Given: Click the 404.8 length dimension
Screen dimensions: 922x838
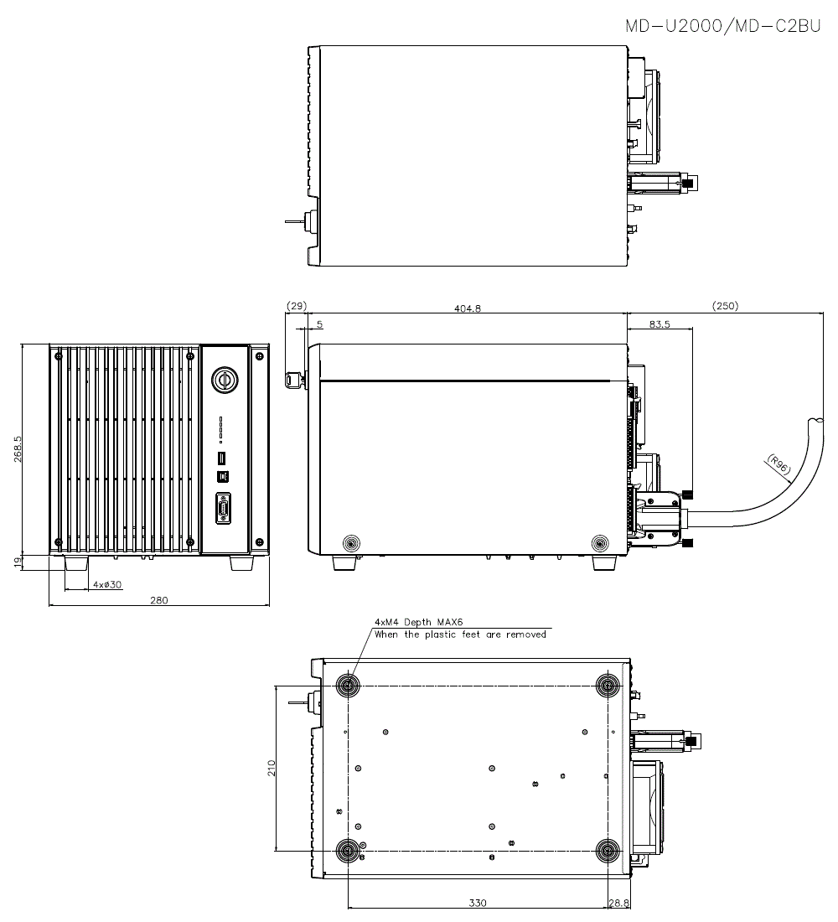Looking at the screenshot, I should [467, 308].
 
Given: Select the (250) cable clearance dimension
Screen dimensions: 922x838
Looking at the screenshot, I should [725, 306].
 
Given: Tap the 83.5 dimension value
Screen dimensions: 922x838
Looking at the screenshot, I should [660, 324].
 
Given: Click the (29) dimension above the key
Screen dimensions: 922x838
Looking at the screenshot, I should [297, 306].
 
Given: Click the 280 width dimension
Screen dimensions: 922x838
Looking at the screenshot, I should [158, 599].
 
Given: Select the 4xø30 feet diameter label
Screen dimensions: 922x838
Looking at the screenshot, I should [106, 584].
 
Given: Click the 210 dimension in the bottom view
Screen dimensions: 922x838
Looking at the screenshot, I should [271, 768].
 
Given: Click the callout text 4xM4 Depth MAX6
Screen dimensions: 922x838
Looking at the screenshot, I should [418, 622].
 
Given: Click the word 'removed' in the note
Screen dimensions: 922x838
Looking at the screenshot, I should [525, 635].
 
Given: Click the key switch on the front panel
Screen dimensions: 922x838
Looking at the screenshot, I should [225, 379].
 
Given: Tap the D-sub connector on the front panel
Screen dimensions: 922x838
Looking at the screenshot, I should [224, 509].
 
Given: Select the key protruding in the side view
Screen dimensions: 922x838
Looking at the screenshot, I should [294, 380].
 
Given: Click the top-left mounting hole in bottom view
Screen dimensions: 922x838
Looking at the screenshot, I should [347, 686].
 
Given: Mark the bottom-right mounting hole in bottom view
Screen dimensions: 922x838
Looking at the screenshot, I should [605, 851].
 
